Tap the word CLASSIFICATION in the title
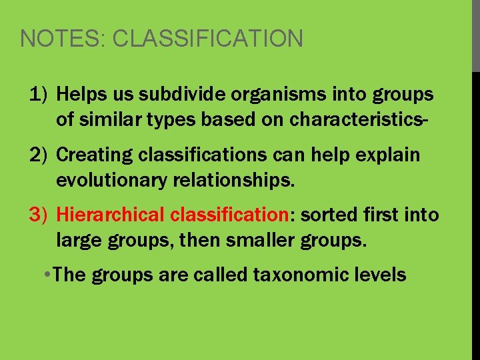[x=207, y=39]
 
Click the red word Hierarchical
[x=110, y=215]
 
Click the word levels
[x=381, y=275]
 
